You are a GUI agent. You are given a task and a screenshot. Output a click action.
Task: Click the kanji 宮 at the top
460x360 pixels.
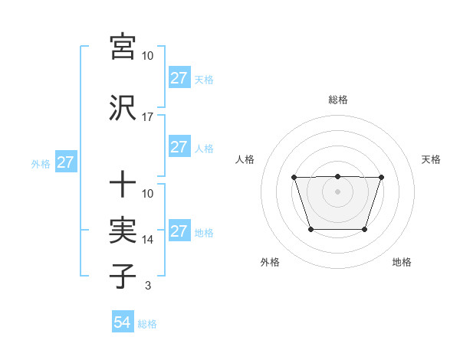123,47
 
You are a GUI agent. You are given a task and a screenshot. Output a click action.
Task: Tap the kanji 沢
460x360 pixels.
123,107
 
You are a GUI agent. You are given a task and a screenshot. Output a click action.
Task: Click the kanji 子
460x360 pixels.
123,277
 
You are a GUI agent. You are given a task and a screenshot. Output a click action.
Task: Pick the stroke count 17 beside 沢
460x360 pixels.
147,117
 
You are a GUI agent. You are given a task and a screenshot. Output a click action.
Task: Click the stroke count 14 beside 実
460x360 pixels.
148,240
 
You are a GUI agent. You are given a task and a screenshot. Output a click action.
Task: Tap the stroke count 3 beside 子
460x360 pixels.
148,286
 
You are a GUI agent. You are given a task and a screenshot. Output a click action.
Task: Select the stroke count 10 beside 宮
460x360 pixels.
148,57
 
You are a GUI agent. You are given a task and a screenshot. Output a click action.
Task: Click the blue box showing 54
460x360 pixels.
123,322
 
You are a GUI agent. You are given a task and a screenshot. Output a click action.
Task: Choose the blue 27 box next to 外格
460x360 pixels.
65,162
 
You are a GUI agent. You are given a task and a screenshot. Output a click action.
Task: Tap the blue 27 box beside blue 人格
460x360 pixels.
179,147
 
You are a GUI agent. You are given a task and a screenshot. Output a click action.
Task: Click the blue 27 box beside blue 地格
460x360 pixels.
179,231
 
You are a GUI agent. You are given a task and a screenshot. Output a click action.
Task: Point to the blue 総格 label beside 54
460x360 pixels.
147,324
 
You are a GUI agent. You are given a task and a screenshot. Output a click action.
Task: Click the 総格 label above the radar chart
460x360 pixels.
337,100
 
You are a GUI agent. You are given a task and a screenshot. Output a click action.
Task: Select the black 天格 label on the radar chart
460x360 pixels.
432,159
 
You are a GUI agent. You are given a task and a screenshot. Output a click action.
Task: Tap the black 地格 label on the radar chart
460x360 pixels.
402,262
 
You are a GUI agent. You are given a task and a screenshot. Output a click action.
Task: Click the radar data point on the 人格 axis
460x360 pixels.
294,178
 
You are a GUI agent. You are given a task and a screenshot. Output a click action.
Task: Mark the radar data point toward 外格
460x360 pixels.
310,229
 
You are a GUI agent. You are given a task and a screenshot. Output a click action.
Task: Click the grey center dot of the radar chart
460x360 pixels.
337,191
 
